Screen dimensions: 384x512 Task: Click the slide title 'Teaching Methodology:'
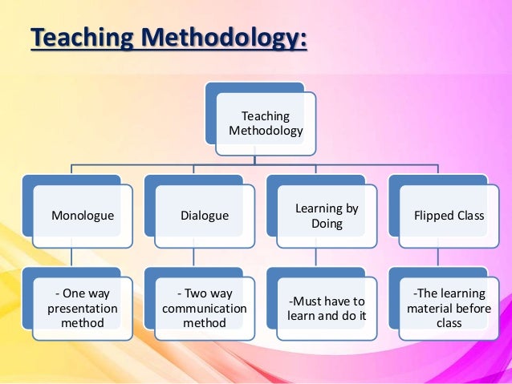pyautogui.click(x=169, y=38)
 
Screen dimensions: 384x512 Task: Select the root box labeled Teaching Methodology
pyautogui.click(x=266, y=123)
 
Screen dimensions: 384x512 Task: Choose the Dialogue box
pyautogui.click(x=205, y=216)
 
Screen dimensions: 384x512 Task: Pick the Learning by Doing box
pyautogui.click(x=327, y=216)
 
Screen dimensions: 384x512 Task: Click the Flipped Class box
pyautogui.click(x=449, y=216)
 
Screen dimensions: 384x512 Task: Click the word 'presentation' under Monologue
pyautogui.click(x=82, y=309)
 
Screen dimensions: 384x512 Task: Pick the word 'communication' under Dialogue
pyautogui.click(x=204, y=309)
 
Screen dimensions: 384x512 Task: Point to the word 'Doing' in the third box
pyautogui.click(x=327, y=224)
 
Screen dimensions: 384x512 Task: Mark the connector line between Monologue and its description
pyautogui.click(x=72, y=258)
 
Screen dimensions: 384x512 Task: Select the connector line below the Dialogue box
pyautogui.click(x=194, y=258)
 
